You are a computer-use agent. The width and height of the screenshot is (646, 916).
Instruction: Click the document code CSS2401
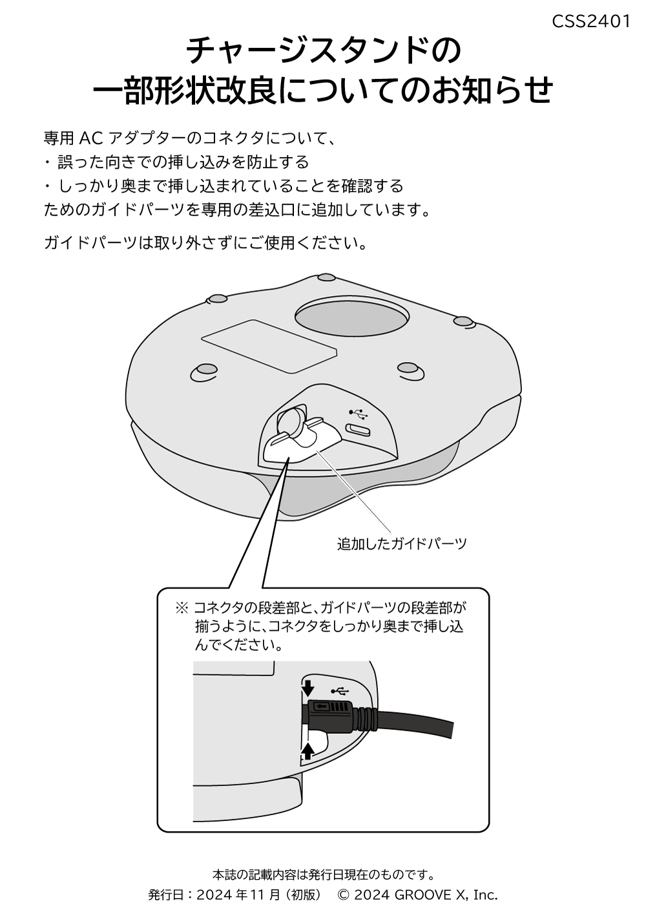[590, 21]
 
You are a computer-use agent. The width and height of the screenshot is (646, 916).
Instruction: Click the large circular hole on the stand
[351, 316]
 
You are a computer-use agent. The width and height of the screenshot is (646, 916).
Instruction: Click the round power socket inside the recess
[293, 421]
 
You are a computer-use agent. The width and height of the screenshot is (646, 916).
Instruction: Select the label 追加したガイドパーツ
[401, 544]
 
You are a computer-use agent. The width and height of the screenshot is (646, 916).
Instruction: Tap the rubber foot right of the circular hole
[463, 321]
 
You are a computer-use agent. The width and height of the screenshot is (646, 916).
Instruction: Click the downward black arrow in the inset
[307, 687]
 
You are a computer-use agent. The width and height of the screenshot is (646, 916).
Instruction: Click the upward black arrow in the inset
[308, 750]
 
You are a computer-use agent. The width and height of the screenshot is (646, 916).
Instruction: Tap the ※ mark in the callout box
[182, 608]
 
